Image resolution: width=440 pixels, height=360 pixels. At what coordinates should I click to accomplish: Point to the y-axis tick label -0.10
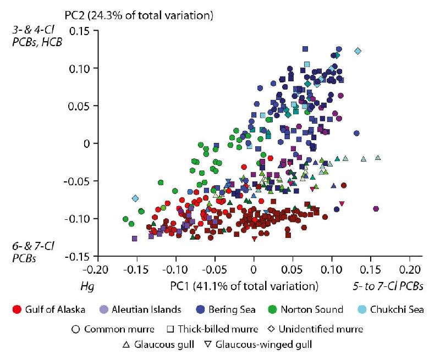[79, 219]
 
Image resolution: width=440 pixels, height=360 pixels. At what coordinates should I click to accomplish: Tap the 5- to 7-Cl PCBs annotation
[392, 286]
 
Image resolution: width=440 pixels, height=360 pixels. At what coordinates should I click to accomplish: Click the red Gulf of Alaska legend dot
[16, 309]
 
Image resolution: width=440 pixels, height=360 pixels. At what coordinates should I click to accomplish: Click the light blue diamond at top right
[358, 51]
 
